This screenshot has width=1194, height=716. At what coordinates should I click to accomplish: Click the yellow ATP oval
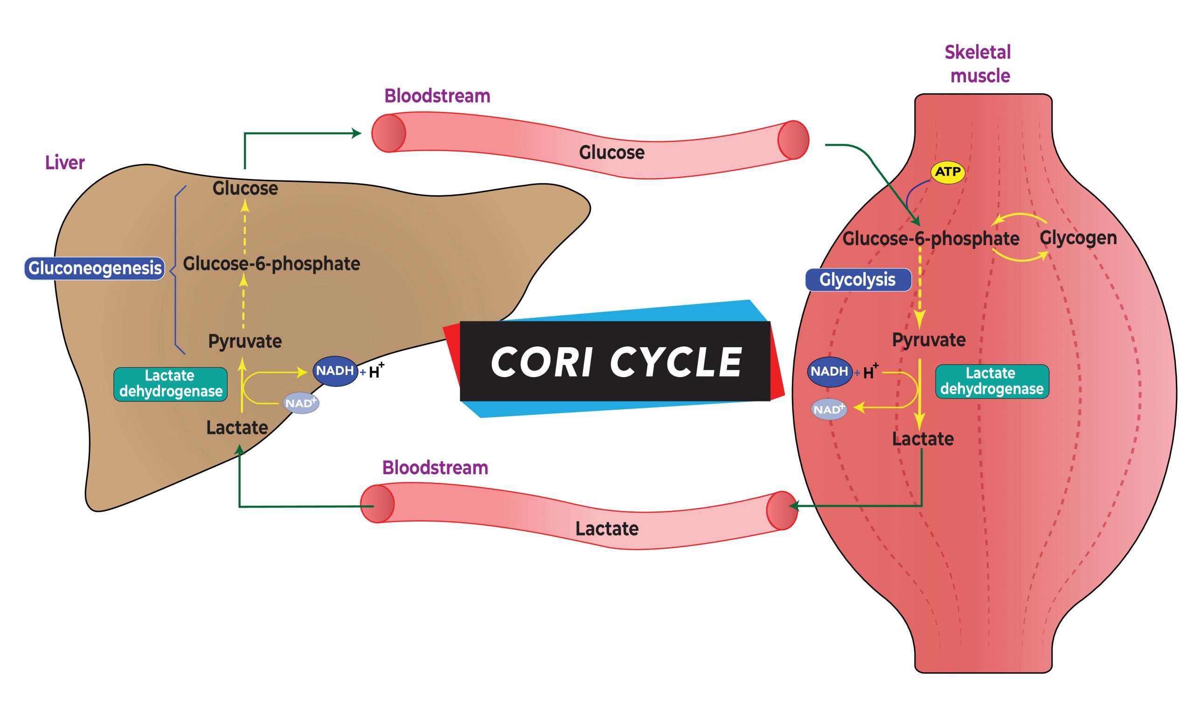(947, 172)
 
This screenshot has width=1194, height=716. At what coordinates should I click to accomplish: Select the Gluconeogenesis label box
(95, 268)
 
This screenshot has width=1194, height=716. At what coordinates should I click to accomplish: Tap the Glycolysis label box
(858, 280)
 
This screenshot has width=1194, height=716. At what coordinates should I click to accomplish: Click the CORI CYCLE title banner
(615, 361)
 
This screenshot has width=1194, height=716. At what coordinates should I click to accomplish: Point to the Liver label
(65, 163)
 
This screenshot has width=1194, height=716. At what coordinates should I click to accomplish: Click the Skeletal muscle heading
(978, 64)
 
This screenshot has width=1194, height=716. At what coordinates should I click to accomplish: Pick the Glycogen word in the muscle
(1078, 238)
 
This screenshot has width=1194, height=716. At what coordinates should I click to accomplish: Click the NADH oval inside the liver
(335, 371)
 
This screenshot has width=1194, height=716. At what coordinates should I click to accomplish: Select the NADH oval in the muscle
(829, 372)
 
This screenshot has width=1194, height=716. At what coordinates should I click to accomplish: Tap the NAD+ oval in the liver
(301, 403)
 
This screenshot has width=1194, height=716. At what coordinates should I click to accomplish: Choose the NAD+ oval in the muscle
(829, 410)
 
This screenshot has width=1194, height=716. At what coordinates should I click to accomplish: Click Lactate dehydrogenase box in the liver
(170, 384)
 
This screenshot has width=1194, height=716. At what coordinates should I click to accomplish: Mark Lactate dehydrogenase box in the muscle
(992, 382)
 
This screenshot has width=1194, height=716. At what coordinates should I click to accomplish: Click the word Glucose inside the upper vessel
(611, 153)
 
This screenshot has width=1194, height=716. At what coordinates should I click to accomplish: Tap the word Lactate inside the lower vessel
(607, 529)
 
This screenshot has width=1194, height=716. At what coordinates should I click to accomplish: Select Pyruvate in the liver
(245, 342)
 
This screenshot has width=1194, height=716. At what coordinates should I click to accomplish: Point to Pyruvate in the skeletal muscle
(928, 340)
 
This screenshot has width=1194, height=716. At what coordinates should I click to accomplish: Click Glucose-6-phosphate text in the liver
(271, 264)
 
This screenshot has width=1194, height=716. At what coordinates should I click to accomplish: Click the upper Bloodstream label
(437, 96)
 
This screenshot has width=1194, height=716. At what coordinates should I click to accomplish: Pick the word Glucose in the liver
(245, 189)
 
